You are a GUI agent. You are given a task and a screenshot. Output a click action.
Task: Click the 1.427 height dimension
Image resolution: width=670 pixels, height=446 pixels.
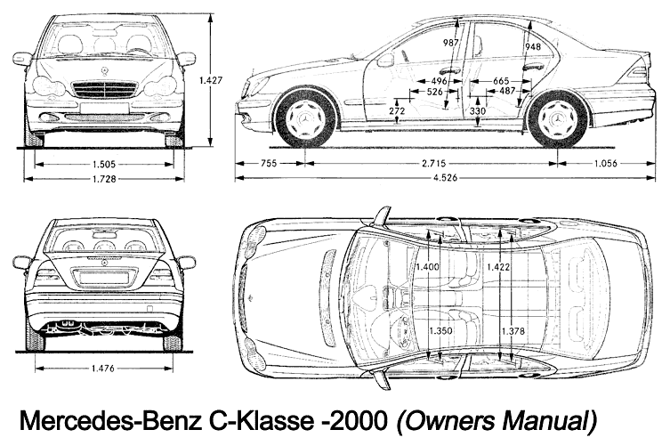[211, 80]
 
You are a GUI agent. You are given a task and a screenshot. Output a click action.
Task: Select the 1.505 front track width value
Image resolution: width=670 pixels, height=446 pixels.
[105, 164]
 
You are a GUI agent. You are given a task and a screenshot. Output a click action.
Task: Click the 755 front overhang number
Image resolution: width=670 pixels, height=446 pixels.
[268, 165]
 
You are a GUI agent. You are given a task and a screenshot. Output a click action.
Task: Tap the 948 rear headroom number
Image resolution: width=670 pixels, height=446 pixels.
[533, 46]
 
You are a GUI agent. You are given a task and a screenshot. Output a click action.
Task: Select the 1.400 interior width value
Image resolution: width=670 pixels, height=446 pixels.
[427, 266]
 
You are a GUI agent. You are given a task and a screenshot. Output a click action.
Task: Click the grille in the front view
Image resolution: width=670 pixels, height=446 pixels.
[105, 90]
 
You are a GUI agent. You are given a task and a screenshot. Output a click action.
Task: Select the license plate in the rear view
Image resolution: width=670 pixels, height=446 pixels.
[104, 277]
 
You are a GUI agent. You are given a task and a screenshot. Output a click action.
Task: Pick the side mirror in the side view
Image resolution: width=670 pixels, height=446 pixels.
[385, 61]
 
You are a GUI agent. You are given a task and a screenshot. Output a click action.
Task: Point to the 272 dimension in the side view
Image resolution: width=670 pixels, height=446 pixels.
[397, 110]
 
